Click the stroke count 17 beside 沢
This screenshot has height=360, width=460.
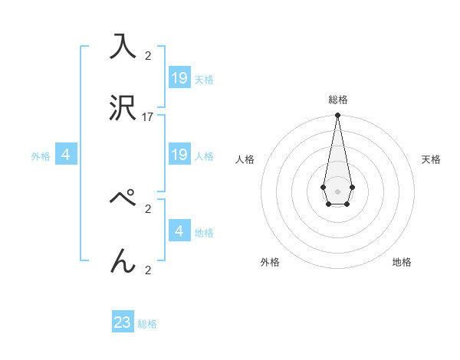[x=148, y=117]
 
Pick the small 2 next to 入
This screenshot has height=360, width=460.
[x=148, y=55]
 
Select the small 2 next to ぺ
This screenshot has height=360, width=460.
[x=148, y=208]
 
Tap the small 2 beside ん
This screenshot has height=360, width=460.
[x=148, y=270]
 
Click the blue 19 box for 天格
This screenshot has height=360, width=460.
[x=179, y=77]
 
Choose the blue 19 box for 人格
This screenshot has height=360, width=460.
[x=179, y=155]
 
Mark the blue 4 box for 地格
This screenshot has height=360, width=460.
[x=179, y=231]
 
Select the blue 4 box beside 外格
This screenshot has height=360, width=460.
[x=66, y=155]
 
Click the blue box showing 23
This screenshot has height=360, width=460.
[x=123, y=322]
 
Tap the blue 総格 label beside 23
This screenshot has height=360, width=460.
[x=147, y=324]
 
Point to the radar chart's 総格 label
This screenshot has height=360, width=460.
[x=338, y=100]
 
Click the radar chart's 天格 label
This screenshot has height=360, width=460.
[x=432, y=159]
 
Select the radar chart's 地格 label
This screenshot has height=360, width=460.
[x=402, y=262]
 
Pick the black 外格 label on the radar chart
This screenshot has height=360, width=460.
[x=270, y=262]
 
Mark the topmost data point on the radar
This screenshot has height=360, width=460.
[x=337, y=116]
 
